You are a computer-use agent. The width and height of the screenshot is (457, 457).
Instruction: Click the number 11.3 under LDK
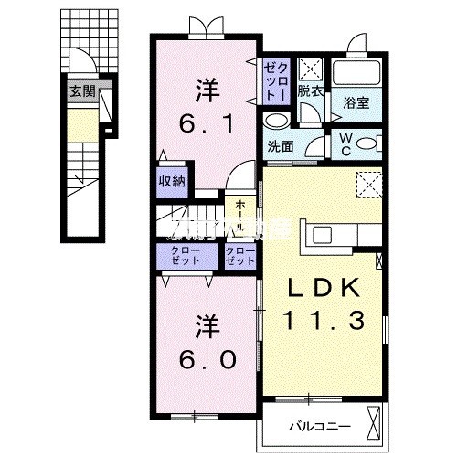click(x=327, y=323)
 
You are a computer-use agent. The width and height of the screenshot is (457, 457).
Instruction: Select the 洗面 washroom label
click(x=280, y=145)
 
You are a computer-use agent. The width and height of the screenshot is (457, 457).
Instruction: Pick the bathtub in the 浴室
click(x=357, y=74)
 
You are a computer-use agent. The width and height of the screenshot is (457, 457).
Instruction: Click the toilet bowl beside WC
click(x=365, y=143)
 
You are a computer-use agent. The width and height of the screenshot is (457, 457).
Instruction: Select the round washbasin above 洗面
click(x=274, y=122)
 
